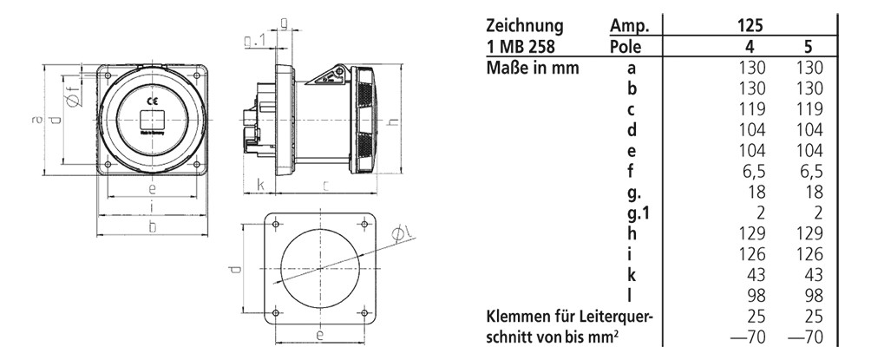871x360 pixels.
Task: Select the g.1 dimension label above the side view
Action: [255, 41]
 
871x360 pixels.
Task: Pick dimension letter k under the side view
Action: [259, 184]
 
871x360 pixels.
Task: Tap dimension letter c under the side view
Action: [324, 184]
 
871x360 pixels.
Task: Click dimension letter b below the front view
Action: [152, 227]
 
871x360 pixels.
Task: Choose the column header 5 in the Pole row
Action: [808, 46]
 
